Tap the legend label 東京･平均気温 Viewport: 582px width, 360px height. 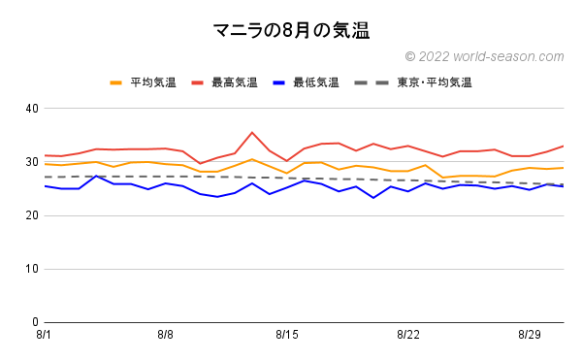pyautogui.click(x=434, y=83)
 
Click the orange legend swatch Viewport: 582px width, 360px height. pyautogui.click(x=117, y=83)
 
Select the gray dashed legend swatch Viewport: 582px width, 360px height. pyautogui.click(x=375, y=83)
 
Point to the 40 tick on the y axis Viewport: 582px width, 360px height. pyautogui.click(x=31, y=109)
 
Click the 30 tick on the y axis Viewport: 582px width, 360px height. pyautogui.click(x=31, y=162)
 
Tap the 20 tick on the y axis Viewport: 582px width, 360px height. pyautogui.click(x=31, y=215)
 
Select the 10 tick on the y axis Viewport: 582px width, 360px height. pyautogui.click(x=31, y=269)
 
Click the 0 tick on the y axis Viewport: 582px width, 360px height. pyautogui.click(x=34, y=322)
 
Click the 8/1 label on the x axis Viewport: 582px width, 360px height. pyautogui.click(x=45, y=335)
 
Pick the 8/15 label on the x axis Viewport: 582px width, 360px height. pyautogui.click(x=287, y=335)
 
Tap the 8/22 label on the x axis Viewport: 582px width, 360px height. pyautogui.click(x=408, y=335)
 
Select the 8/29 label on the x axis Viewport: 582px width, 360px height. pyautogui.click(x=530, y=335)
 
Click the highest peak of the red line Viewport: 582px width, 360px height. pyautogui.click(x=252, y=133)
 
